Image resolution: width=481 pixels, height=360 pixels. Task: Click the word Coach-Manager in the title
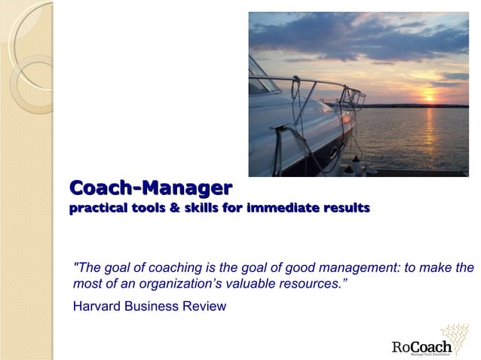pyautogui.click(x=150, y=187)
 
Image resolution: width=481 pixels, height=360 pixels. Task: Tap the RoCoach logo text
pyautogui.click(x=421, y=346)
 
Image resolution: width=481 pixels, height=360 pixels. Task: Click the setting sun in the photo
pyautogui.click(x=430, y=96)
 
